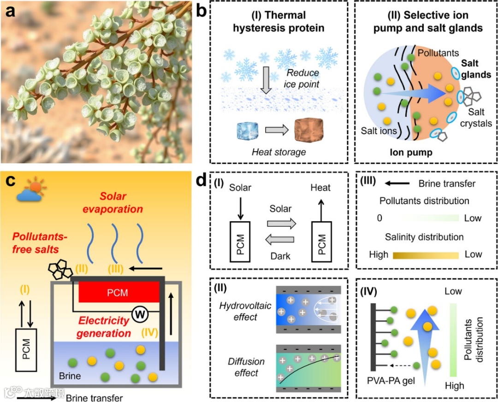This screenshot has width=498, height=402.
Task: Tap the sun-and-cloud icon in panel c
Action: point(28,190)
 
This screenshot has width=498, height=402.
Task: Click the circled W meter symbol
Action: point(139,315)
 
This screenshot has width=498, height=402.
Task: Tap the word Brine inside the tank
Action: point(70,376)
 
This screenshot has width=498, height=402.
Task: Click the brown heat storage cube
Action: point(309,131)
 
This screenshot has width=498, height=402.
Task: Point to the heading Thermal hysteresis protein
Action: point(278,22)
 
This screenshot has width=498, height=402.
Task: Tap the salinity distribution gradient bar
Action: point(425,254)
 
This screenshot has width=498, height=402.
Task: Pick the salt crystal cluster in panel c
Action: point(60,269)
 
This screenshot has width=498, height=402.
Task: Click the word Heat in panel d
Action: point(320,188)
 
